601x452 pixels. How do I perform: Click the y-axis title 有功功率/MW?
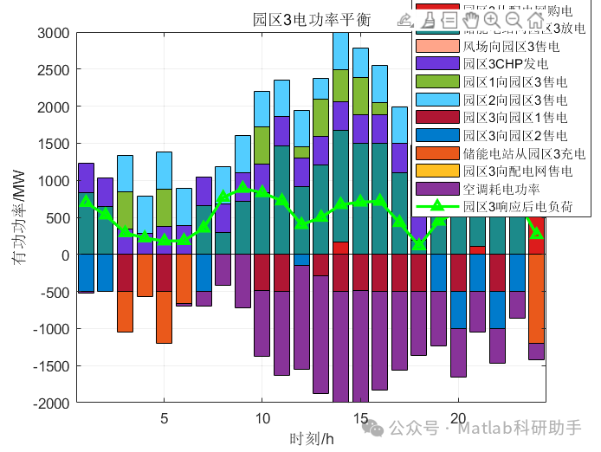pyautogui.click(x=18, y=217)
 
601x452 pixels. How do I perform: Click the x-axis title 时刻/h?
pyautogui.click(x=312, y=438)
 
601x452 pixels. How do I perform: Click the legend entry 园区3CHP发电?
pyautogui.click(x=503, y=63)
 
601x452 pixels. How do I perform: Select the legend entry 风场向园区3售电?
pyautogui.click(x=511, y=45)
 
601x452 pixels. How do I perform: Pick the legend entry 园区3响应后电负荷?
pyautogui.click(x=516, y=206)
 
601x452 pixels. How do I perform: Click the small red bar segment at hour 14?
pyautogui.click(x=340, y=248)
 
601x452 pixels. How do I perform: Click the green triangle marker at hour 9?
pyautogui.click(x=242, y=187)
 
